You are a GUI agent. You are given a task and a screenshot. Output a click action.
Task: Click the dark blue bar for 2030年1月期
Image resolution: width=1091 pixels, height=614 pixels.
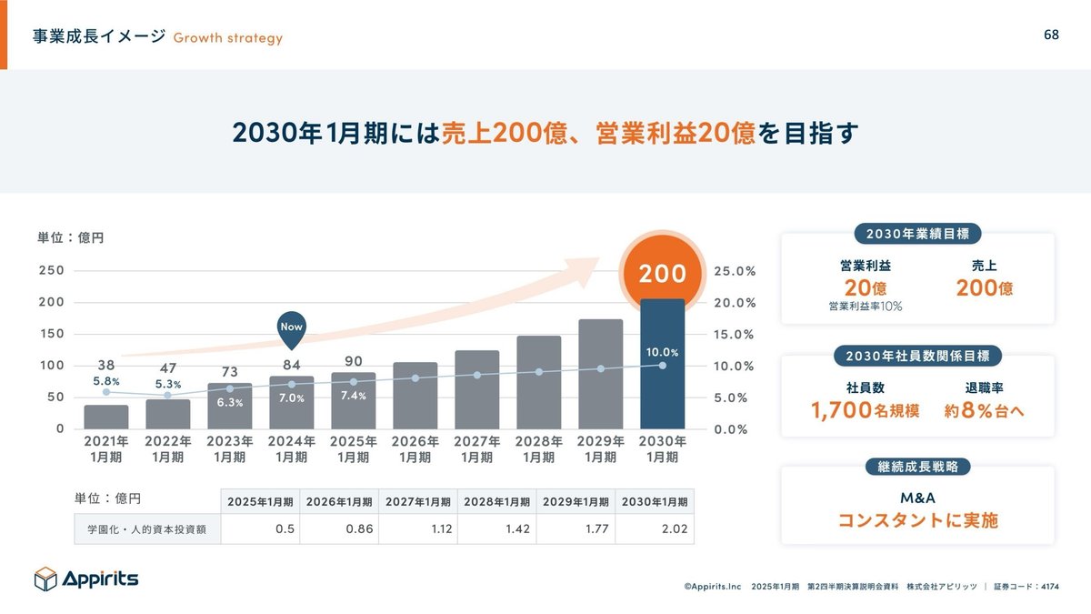662,382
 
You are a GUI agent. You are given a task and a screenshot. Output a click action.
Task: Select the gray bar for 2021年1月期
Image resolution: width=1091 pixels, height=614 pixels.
106,417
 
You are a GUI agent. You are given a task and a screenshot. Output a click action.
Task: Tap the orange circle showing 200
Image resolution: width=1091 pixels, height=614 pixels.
662,273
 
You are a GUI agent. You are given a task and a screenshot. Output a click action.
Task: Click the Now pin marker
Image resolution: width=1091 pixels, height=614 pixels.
292,329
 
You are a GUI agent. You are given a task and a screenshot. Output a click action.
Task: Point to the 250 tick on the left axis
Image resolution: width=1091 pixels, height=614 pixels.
51,270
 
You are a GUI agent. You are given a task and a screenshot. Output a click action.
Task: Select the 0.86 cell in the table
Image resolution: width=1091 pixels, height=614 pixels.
338,528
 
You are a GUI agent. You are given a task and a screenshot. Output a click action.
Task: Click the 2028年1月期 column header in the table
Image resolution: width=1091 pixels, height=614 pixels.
496,501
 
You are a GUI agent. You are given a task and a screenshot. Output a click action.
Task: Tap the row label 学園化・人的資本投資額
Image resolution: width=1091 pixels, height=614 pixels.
146,528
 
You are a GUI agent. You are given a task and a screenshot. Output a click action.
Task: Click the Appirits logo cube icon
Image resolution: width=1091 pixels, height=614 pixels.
45,579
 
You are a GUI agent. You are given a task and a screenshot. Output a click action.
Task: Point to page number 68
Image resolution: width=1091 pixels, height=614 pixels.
1051,35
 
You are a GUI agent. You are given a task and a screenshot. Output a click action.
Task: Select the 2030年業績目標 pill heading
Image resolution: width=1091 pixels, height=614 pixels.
917,234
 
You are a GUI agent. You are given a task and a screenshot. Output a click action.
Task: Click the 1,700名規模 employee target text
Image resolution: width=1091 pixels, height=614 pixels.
865,410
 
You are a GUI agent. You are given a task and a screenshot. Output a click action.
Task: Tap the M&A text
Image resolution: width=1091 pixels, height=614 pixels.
917,498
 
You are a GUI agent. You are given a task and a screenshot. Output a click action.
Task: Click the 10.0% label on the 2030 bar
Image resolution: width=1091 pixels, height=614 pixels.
662,351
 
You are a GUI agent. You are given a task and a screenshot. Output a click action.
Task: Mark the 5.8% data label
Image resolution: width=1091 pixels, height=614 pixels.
106,381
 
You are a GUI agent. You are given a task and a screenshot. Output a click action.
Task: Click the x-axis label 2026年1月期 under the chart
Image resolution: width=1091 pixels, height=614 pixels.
415,449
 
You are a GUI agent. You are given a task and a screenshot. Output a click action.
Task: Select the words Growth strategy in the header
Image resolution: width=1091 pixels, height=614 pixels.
227,38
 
